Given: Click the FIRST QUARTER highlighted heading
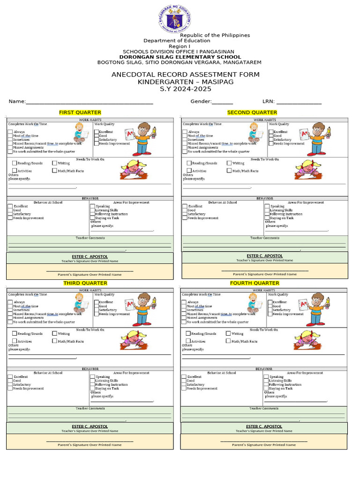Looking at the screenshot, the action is tap(80, 112).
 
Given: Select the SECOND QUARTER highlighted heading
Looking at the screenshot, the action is tap(252, 112).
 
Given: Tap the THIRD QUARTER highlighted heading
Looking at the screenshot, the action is tap(85, 283).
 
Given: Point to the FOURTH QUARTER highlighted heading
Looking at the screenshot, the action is tap(255, 283).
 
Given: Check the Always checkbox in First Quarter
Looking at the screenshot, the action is tap(10, 132).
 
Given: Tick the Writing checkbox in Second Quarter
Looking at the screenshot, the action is tap(229, 163).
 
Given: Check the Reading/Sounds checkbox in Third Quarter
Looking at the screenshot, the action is tap(15, 333).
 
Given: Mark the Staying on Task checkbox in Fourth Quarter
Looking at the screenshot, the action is tap(266, 388).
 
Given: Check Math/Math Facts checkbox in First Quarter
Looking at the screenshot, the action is tap(55, 171).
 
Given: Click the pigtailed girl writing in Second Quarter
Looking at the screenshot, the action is tap(308, 168).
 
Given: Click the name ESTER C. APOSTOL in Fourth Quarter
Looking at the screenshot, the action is tap(264, 427).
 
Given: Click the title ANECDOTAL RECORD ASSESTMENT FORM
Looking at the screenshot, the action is tap(185, 75).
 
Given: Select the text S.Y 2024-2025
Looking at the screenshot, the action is tap(186, 89).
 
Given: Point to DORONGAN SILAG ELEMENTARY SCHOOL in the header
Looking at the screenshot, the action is tap(180, 57).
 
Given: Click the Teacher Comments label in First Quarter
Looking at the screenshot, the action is tap(90, 238).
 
